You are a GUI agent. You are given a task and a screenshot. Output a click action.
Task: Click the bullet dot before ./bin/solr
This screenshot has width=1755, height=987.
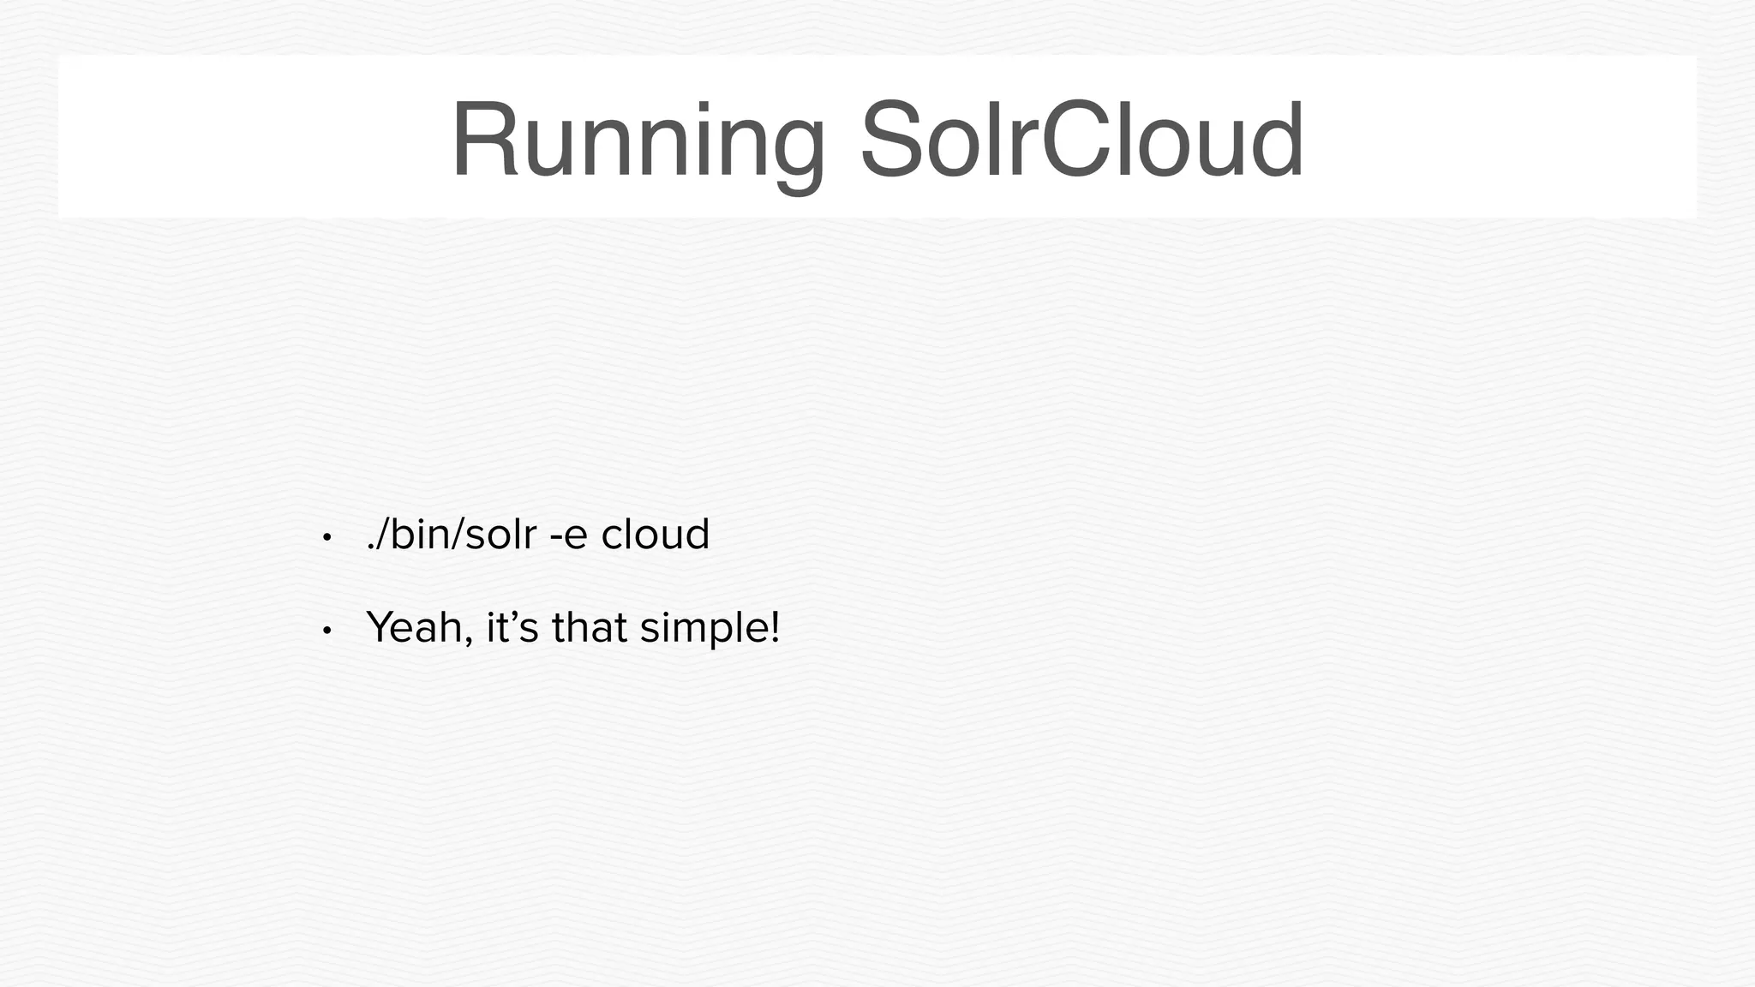click(x=326, y=538)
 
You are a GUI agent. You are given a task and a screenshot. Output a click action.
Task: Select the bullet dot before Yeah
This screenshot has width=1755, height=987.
click(x=326, y=631)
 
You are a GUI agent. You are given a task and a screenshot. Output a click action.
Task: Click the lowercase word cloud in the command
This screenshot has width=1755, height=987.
click(x=656, y=535)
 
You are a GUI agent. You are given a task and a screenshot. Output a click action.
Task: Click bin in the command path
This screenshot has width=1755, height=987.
click(x=416, y=535)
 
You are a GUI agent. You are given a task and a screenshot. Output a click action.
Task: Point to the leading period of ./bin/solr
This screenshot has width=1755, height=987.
click(x=370, y=549)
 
